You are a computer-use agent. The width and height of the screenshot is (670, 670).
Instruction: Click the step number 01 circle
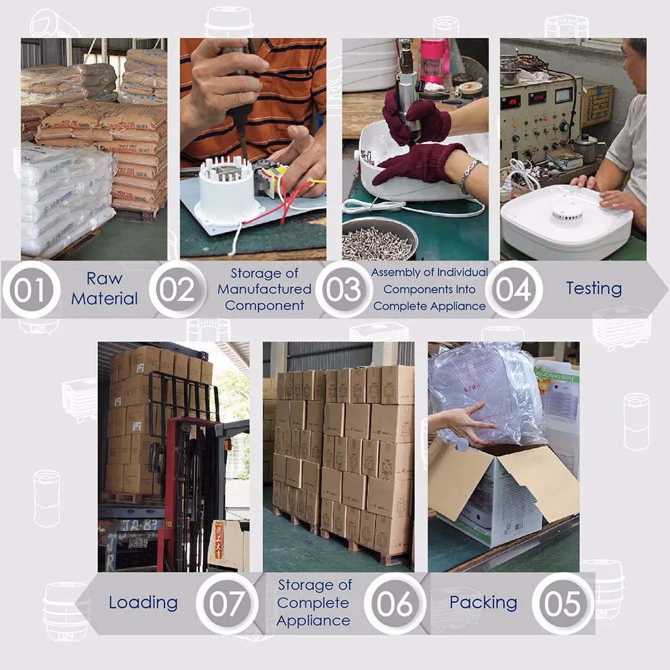[31, 289]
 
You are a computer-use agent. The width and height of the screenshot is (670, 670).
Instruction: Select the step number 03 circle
[344, 289]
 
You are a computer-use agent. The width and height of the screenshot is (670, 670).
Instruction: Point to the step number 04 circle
[514, 289]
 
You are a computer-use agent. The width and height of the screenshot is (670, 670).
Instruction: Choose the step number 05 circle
[563, 604]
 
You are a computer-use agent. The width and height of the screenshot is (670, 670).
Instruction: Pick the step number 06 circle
[395, 604]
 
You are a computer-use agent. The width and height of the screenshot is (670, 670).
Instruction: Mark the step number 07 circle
[227, 604]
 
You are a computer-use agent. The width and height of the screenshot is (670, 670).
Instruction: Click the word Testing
[594, 288]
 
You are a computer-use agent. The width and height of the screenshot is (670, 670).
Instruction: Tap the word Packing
[483, 603]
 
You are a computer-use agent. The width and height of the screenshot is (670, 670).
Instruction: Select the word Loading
[143, 603]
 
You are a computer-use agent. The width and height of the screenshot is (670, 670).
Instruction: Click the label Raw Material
[105, 288]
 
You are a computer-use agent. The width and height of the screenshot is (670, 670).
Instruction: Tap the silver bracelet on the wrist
[469, 176]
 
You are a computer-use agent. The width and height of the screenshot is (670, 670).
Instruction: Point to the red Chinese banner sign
[218, 541]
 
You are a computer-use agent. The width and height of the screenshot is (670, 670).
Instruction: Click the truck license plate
[137, 543]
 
